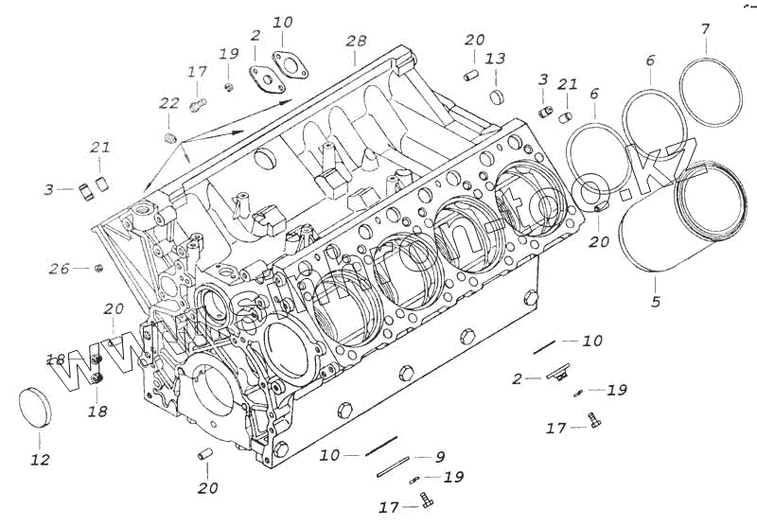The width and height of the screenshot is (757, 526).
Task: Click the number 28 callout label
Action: (x=356, y=43)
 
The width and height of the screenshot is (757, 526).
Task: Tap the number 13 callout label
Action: (x=494, y=60)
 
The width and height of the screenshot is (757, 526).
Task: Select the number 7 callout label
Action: (x=704, y=29)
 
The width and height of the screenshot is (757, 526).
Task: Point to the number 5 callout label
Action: (x=656, y=303)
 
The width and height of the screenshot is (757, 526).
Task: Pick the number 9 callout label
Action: (x=440, y=456)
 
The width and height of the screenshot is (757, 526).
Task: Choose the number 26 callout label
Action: (x=59, y=270)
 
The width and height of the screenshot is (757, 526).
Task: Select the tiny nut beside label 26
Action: (x=99, y=270)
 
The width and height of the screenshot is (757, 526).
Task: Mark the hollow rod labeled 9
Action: (x=393, y=465)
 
